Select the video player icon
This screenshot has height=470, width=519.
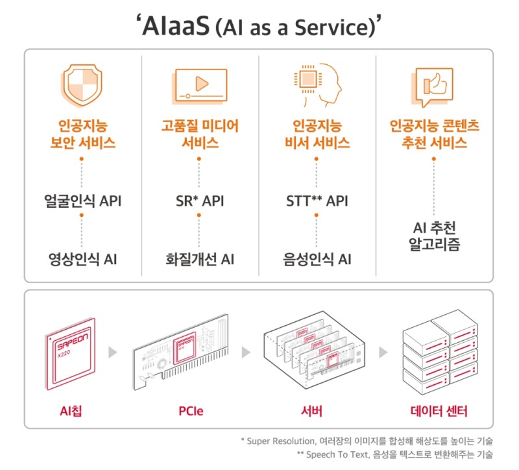point(200,84)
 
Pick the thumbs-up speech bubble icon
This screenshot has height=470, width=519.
point(434,86)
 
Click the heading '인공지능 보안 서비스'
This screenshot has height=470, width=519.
point(82,134)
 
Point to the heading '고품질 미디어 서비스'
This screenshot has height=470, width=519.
point(200,134)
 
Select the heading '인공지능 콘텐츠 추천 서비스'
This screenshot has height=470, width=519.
point(434,134)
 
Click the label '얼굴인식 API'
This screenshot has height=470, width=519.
point(82,201)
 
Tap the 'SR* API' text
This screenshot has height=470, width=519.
point(200,201)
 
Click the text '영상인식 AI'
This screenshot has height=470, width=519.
point(82,259)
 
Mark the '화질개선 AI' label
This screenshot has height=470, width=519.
point(200,259)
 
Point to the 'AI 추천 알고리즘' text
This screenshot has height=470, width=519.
point(434,237)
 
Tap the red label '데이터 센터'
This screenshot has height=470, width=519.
point(439,411)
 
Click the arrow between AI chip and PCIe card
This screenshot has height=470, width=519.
point(113,352)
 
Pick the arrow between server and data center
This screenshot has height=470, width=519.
point(383,352)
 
